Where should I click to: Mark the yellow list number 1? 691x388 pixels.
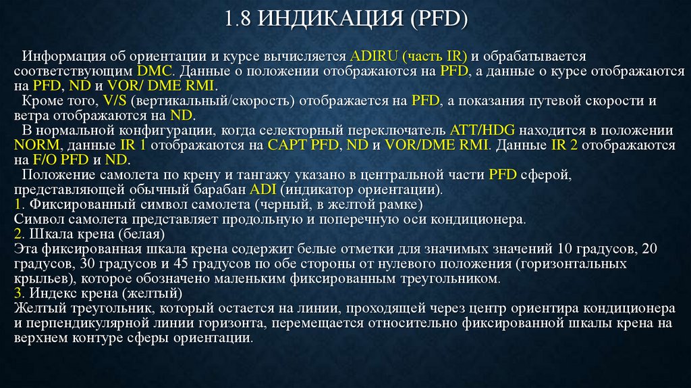[17, 203]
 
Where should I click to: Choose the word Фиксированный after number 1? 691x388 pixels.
[70, 203]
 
